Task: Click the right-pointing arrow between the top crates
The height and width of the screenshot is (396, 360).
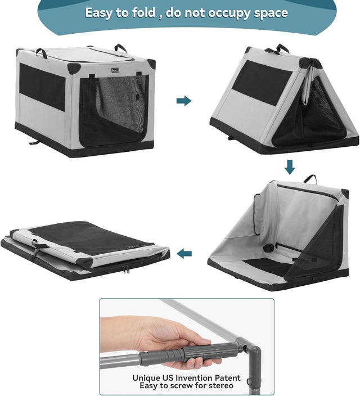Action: point(183,101)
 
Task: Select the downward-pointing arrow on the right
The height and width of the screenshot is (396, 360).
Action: point(290,167)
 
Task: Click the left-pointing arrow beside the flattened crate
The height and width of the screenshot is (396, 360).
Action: point(184,254)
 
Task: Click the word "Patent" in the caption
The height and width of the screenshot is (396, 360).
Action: point(223,378)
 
